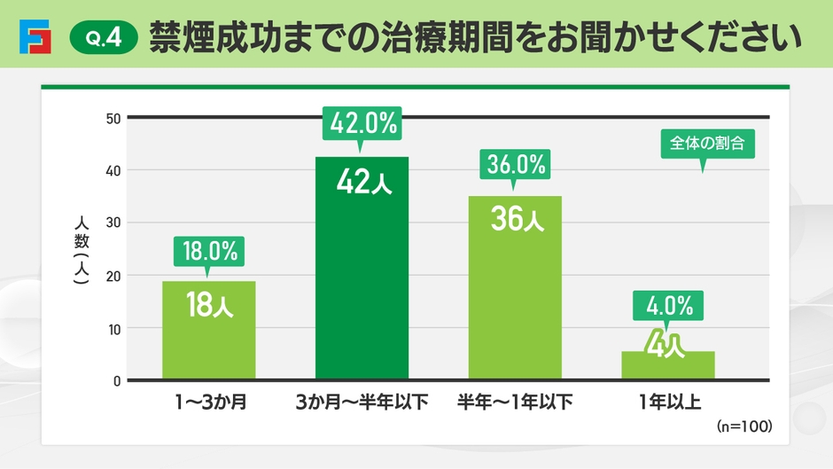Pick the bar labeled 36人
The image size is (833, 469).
click(515, 288)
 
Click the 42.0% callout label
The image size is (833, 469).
click(362, 122)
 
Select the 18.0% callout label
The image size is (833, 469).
click(209, 252)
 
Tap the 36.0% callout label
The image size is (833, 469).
click(515, 164)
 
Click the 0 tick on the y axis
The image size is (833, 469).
click(116, 380)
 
